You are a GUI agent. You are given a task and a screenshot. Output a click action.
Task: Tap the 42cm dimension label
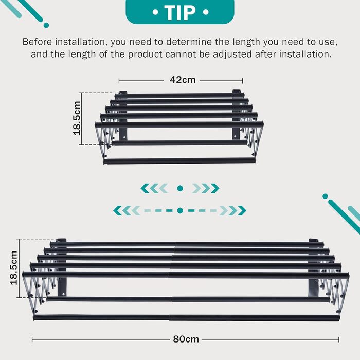[183, 80]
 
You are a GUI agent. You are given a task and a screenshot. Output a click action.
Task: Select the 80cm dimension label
[186, 339]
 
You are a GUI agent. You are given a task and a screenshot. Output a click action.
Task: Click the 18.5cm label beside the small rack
[77, 118]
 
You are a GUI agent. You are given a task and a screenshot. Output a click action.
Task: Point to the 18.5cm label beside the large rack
[14, 268]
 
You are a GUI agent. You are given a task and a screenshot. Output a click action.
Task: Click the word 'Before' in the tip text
[38, 42]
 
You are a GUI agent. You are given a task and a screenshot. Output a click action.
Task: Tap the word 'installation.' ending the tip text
[305, 55]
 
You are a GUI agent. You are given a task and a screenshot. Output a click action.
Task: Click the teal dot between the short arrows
[180, 188]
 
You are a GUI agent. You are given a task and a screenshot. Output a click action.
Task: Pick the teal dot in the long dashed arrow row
[180, 210]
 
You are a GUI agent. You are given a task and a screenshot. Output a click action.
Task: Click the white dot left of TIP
[155, 12]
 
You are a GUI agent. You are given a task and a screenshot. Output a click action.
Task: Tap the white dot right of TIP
[206, 12]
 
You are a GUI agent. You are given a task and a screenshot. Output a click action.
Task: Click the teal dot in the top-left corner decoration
[46, 25]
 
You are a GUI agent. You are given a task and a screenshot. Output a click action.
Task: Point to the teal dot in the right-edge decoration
[325, 196]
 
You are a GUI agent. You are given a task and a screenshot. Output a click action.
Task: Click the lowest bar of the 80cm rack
[186, 318]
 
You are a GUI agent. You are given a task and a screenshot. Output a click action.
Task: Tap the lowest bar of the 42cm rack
[179, 160]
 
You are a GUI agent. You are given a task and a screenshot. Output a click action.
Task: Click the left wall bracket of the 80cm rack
[62, 267]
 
